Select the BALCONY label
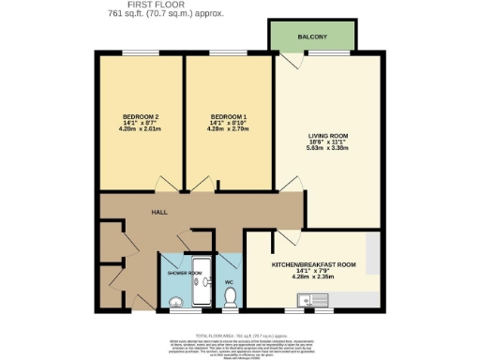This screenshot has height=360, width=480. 311,37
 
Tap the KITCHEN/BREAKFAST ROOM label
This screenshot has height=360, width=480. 313,264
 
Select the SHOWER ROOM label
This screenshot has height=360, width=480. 184,272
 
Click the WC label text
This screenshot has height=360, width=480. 228,280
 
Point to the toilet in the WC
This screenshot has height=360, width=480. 231,298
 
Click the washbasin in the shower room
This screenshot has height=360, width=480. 175,301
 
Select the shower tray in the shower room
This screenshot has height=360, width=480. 201,286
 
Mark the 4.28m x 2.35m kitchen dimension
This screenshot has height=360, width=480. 313,277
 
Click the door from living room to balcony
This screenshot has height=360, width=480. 292,61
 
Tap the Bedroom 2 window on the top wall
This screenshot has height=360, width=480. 140,54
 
